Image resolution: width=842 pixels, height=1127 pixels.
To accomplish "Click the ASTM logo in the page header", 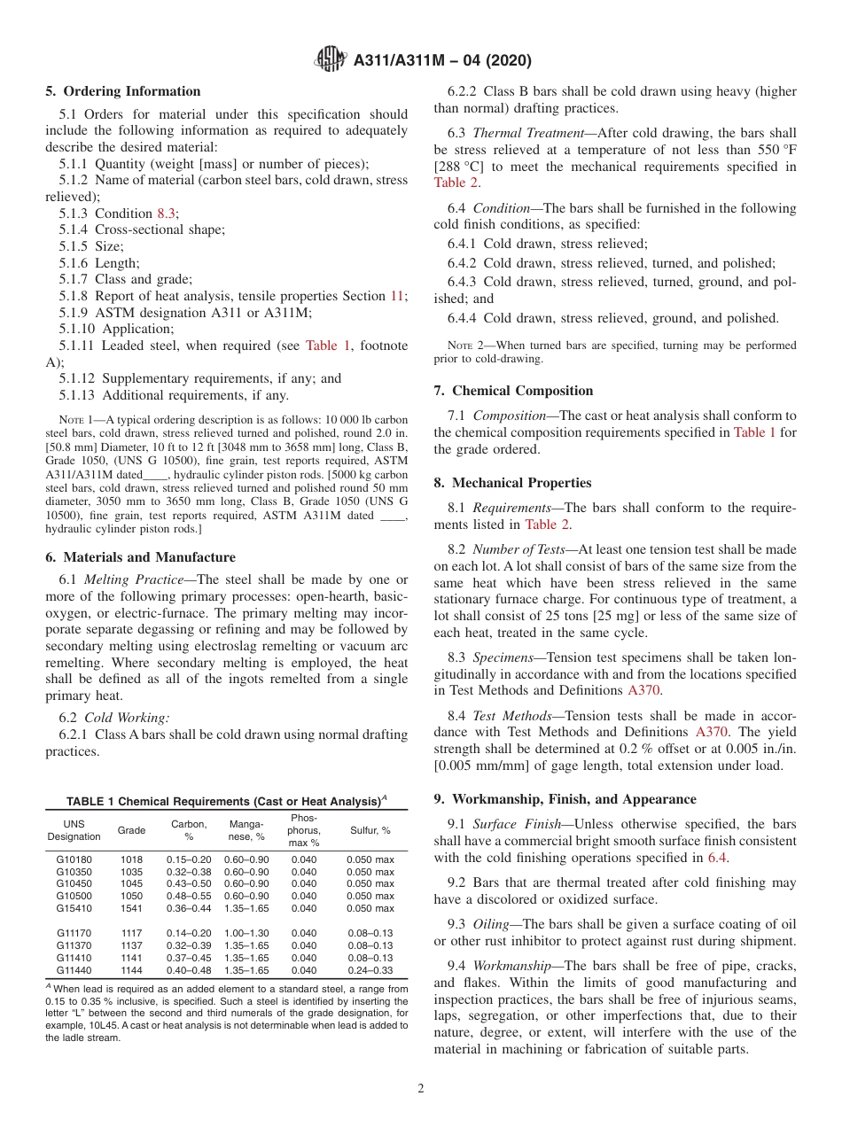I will click(x=331, y=60).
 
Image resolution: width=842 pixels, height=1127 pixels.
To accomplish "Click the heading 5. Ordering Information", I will click(x=123, y=91).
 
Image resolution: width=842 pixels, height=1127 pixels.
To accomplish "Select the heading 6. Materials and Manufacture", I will click(x=140, y=557).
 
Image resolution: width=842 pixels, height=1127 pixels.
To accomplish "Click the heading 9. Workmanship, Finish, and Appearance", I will click(x=565, y=799).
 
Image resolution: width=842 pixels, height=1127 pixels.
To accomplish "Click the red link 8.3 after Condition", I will click(x=167, y=213).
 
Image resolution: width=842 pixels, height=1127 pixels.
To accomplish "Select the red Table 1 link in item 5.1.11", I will click(x=328, y=346).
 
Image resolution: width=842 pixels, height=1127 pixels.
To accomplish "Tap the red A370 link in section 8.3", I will click(x=643, y=690).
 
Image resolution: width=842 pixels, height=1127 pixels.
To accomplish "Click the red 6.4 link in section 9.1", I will click(x=717, y=857).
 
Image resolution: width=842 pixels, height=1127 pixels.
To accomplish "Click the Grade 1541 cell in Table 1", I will click(x=131, y=908).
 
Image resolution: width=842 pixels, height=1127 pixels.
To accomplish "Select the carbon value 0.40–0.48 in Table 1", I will click(x=189, y=970).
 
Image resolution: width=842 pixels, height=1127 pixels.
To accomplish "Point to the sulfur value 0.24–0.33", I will click(x=370, y=970).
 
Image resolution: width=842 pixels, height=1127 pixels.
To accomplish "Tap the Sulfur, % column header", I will click(x=370, y=830).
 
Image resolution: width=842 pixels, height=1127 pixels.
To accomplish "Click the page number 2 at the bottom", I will click(x=421, y=1089).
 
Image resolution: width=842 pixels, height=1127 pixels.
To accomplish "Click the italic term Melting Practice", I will click(x=130, y=579).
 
